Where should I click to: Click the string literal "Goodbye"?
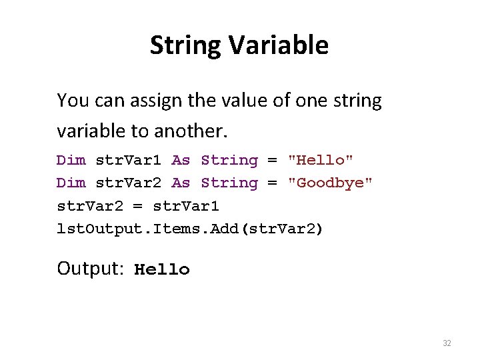(x=330, y=183)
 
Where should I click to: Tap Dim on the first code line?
(x=71, y=160)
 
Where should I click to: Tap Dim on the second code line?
(x=71, y=183)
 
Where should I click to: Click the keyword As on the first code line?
(x=181, y=160)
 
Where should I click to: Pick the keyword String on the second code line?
(x=229, y=183)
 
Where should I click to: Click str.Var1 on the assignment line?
(x=186, y=205)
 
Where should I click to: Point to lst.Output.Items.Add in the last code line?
(x=143, y=229)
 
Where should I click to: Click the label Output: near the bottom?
(x=91, y=269)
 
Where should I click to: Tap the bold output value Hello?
(x=162, y=270)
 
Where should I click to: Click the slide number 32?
(x=447, y=343)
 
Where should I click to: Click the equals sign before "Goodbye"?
(x=272, y=183)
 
